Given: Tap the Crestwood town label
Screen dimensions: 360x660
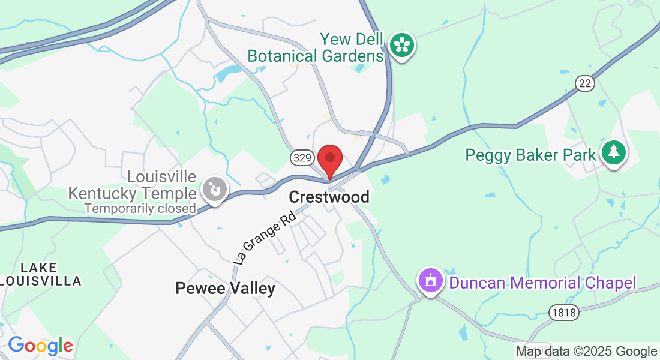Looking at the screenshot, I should (x=329, y=197).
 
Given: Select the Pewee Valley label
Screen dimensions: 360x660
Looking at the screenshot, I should (x=225, y=289).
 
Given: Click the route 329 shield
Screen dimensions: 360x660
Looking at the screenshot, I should (x=301, y=158).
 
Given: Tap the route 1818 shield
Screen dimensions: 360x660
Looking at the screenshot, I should (x=563, y=311).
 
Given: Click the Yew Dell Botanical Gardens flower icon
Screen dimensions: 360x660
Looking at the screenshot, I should (x=401, y=46).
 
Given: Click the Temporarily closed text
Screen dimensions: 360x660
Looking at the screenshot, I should (x=140, y=209).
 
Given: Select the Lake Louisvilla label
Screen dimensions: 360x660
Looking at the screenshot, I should (x=41, y=274).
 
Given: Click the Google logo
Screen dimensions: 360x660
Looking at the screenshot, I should (x=40, y=346).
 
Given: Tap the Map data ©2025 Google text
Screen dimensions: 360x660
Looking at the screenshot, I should (x=587, y=352).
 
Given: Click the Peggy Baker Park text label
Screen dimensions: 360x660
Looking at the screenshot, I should (x=531, y=155).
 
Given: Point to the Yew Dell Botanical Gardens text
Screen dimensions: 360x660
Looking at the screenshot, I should (x=316, y=47).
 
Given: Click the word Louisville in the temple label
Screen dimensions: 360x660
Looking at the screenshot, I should (x=161, y=177).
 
